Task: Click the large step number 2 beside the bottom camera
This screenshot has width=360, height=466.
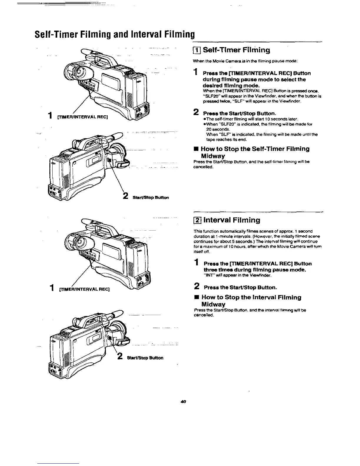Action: tap(120, 356)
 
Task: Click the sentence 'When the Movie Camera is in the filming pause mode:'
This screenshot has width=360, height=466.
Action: tap(246, 61)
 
